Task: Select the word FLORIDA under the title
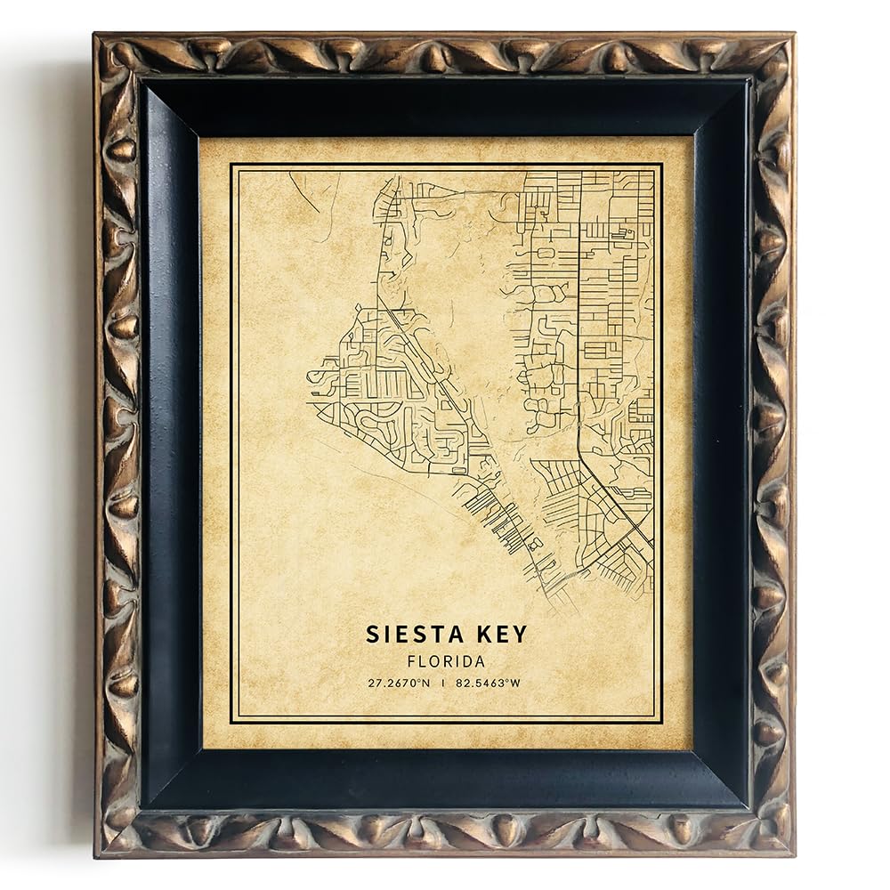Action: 446,662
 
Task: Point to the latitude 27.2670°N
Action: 400,684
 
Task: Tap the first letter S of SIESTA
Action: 372,635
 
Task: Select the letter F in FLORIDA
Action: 410,662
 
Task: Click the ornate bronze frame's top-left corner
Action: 98,37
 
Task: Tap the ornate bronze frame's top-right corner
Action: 791,37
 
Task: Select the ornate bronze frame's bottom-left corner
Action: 98,853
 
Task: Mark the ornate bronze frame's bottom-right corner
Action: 791,853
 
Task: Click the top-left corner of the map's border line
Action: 231,165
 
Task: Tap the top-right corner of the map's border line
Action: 661,165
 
